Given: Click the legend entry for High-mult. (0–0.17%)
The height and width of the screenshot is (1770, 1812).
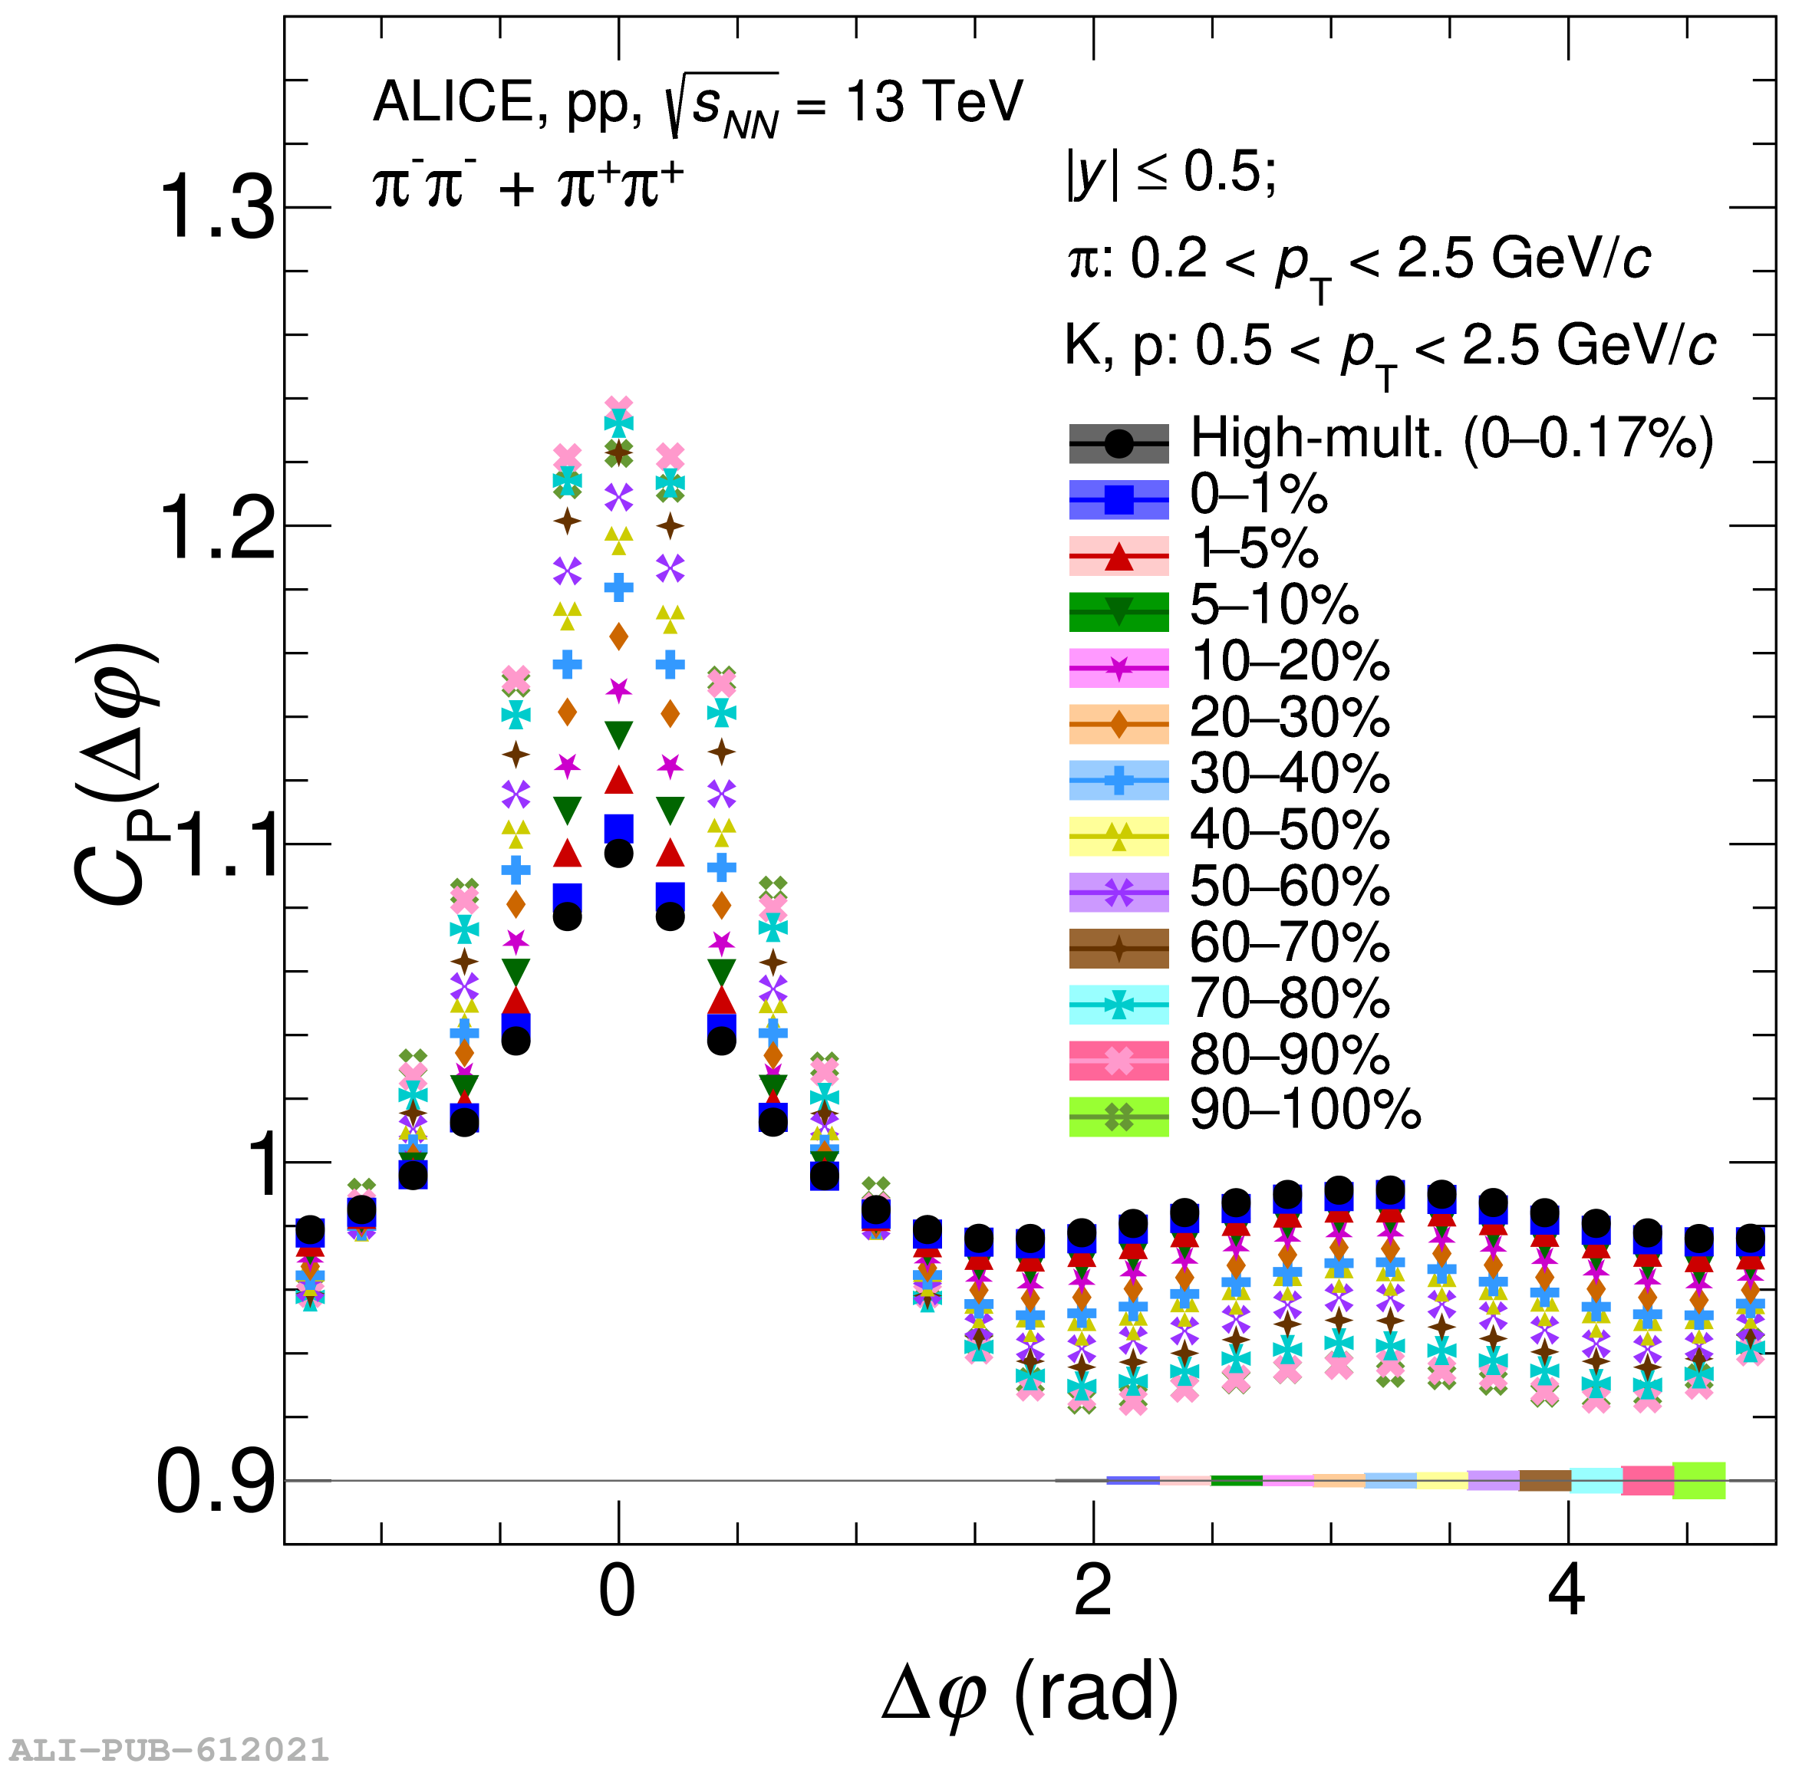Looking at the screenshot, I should tap(1451, 439).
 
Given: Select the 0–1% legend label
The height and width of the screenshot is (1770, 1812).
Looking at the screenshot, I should tap(1258, 495).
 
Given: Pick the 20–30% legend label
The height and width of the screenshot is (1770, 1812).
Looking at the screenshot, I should tap(1289, 718).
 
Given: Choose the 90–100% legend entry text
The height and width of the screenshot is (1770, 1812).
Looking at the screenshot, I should tap(1304, 1109).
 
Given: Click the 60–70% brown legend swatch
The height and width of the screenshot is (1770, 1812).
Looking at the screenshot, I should tap(1118, 948).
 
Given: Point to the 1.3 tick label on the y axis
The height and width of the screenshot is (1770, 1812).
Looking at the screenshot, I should tap(216, 209).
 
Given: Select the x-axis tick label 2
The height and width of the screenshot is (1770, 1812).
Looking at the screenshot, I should tap(1092, 1591).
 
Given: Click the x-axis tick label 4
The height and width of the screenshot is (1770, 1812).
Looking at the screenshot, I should tap(1567, 1591).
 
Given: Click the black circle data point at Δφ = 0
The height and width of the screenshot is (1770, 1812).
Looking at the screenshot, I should tap(618, 854).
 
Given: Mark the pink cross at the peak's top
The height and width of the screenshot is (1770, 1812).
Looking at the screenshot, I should tap(618, 407).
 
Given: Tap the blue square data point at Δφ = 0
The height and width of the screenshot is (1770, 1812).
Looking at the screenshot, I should tap(618, 827).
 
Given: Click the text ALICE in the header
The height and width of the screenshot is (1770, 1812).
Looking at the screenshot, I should tap(452, 101).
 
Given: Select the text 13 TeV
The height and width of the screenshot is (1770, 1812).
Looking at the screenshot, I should tap(934, 101).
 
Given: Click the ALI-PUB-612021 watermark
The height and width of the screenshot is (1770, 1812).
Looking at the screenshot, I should tap(168, 1749).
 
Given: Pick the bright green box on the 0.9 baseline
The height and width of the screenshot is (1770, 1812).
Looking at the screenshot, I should tap(1698, 1480).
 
